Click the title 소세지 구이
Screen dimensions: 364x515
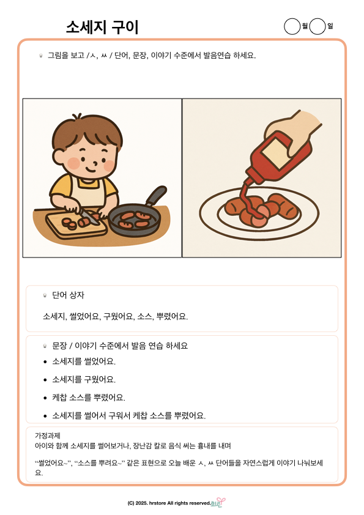click(x=102, y=27)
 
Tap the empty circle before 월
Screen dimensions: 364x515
click(x=292, y=26)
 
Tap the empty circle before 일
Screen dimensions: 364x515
click(x=318, y=26)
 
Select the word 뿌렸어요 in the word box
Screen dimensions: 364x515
click(x=172, y=317)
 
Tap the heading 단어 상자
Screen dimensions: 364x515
click(x=69, y=295)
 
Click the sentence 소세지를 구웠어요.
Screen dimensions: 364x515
click(x=84, y=379)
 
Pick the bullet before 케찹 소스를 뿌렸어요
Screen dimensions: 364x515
click(x=45, y=398)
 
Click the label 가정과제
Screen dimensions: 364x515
click(x=48, y=435)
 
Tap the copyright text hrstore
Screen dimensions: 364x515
click(x=157, y=503)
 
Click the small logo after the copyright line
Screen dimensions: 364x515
click(x=218, y=502)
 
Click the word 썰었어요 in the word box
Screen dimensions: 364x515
click(x=84, y=317)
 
